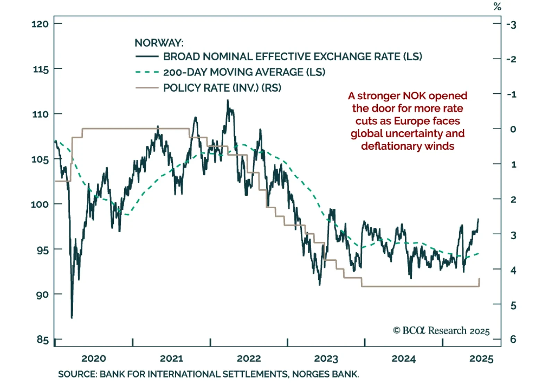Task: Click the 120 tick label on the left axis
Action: coord(40,24)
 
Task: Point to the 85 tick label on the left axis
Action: coord(43,339)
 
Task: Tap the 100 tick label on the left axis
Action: coord(40,204)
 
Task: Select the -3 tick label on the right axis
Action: coord(511,25)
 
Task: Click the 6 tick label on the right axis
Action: coord(513,339)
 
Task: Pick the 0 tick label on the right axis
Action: coord(513,129)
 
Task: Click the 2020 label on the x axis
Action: coord(94,359)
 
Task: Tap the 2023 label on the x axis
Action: coord(326,359)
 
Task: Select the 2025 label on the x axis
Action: coord(481,359)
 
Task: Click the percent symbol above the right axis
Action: coord(497,7)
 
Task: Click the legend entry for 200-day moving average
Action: coord(244,72)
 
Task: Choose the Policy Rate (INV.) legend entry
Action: coord(222,88)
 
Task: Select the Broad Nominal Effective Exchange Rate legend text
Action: coord(292,57)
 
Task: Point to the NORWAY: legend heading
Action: coord(159,43)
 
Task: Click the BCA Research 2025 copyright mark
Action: coord(441,331)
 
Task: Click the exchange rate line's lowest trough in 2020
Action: coord(72,317)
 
